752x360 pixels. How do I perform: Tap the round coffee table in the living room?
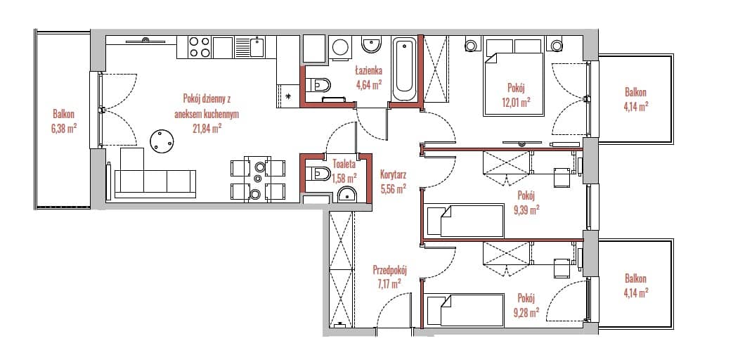point(162,141)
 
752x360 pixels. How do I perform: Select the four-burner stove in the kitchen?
point(199,47)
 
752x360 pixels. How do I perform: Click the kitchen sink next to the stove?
point(250,47)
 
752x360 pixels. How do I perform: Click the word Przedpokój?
point(389,270)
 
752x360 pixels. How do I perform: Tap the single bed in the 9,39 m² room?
point(465,221)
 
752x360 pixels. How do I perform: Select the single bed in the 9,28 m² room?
point(465,311)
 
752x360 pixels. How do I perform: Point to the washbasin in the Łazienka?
point(372,46)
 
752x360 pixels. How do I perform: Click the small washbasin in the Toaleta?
point(346,194)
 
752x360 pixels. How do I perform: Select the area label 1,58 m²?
point(344,178)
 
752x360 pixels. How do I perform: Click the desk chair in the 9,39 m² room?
point(562,177)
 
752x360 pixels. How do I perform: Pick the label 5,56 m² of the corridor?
point(393,188)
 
